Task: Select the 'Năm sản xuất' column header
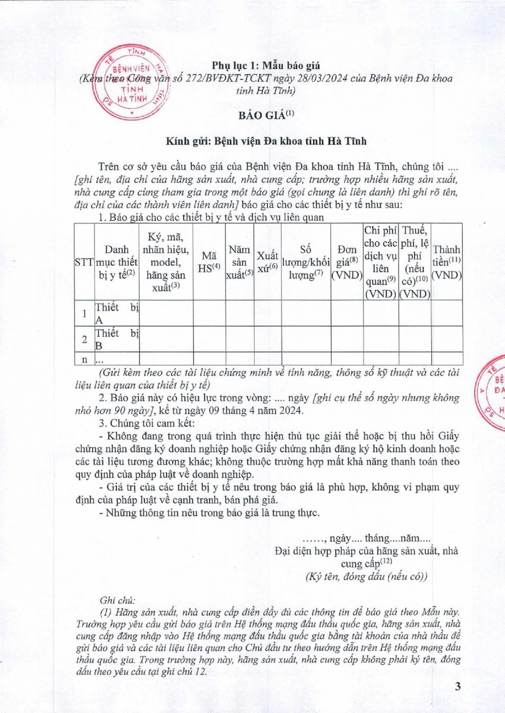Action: [239, 262]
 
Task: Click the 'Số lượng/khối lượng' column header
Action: [305, 262]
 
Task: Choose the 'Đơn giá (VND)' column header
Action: [346, 262]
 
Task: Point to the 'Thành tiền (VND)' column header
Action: [446, 262]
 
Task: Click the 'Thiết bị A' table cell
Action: [116, 313]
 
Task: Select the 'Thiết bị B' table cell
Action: [116, 339]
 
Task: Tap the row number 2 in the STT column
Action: [84, 339]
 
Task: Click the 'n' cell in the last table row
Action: [84, 358]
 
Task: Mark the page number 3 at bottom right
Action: [457, 687]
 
